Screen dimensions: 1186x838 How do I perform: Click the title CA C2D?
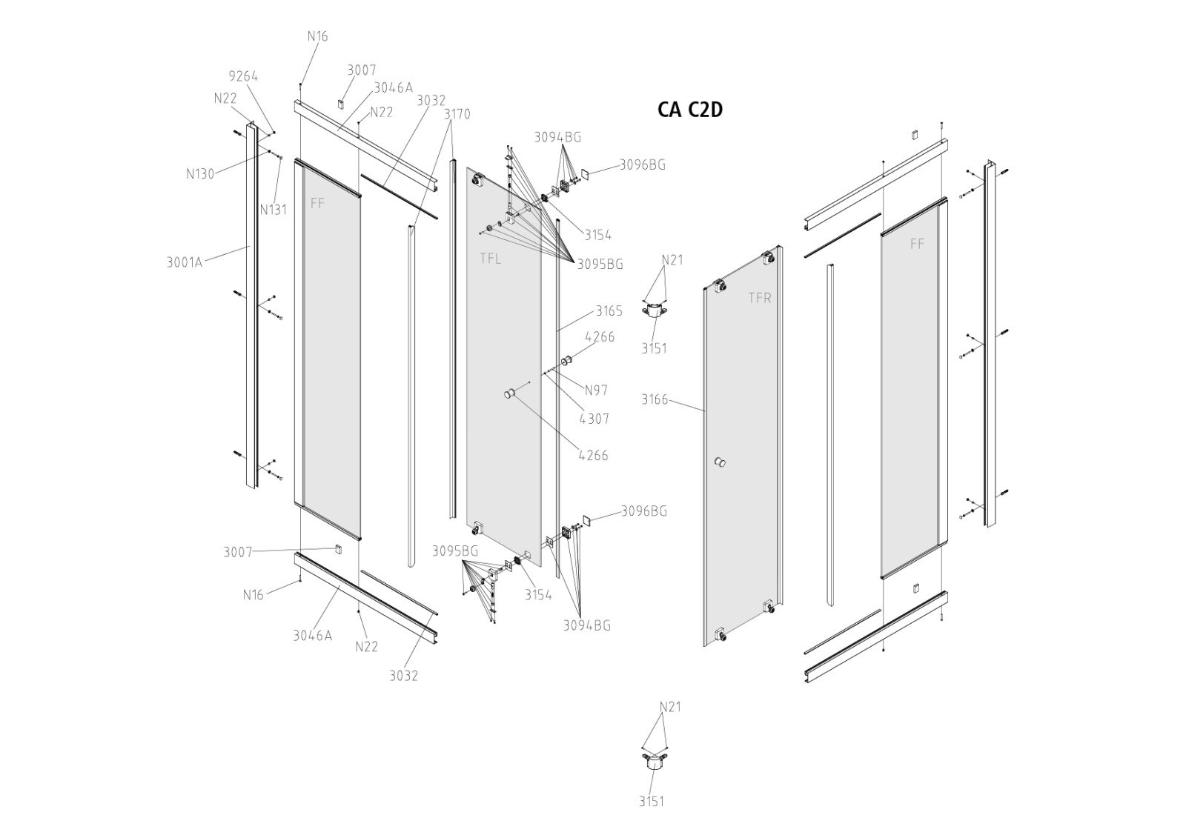pos(690,110)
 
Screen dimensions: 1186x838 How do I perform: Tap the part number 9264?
pos(243,76)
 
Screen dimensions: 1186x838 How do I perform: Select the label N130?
pos(200,173)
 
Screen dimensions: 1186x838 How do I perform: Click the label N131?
pos(274,210)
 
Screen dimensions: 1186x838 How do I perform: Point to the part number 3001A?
pos(185,262)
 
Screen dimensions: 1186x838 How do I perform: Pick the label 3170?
pos(457,114)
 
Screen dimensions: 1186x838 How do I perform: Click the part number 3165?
pos(609,310)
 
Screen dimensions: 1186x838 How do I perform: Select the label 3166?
pos(655,399)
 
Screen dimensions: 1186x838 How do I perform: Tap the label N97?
pos(596,390)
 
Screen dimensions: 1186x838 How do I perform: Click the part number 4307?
pos(594,419)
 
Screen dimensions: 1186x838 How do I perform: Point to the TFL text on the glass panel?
pos(490,259)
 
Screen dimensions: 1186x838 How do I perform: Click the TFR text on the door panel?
pos(760,298)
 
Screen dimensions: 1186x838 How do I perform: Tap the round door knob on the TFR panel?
pos(719,462)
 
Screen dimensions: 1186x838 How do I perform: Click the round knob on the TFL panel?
pos(511,393)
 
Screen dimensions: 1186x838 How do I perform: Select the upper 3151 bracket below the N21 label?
pos(655,309)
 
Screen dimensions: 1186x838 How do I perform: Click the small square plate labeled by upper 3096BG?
pos(585,173)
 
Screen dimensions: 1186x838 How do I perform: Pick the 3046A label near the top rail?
pos(394,88)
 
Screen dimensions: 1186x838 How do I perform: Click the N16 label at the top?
pos(318,36)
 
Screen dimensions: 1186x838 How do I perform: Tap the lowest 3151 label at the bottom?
pos(652,802)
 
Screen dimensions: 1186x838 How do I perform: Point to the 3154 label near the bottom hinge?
pos(538,595)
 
